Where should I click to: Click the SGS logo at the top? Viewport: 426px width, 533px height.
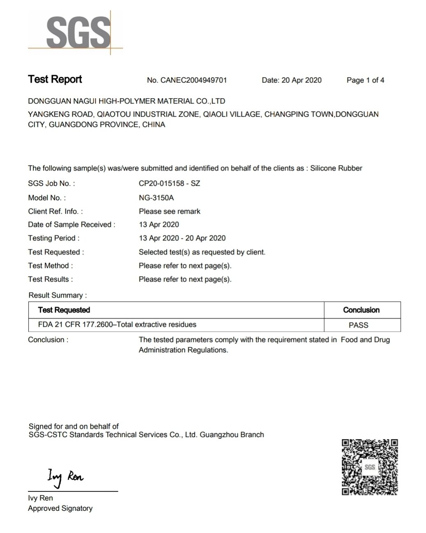[78, 32]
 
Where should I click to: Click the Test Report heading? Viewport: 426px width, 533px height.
[55, 79]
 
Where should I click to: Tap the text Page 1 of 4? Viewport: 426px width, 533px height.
[365, 80]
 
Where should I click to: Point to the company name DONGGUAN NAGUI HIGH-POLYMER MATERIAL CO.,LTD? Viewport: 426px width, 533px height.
[127, 101]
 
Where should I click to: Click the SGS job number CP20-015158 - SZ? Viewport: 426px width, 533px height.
[169, 183]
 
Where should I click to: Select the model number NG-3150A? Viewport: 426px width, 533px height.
[156, 198]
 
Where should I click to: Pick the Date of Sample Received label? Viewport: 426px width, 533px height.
[72, 224]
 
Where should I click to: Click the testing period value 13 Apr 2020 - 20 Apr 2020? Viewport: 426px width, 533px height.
[182, 238]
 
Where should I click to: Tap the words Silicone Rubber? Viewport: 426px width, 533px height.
[336, 168]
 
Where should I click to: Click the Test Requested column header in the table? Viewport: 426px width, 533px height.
[64, 310]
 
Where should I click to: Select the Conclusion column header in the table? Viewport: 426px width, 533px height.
[361, 310]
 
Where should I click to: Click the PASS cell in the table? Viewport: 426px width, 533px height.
[358, 325]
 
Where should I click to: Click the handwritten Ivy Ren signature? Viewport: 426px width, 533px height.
[65, 477]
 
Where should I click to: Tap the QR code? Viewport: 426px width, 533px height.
[370, 467]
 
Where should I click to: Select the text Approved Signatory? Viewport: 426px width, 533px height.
[60, 508]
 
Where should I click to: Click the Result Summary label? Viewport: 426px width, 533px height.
[58, 295]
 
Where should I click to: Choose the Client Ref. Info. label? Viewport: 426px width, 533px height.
[55, 211]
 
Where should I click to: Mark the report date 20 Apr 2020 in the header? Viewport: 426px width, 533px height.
[301, 80]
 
